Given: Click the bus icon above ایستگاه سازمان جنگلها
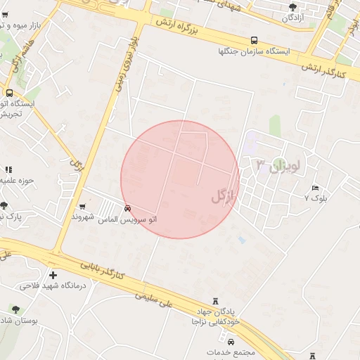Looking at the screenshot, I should click(254, 41).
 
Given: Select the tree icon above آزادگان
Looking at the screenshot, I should click(292, 7).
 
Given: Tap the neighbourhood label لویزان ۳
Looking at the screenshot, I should click(278, 167).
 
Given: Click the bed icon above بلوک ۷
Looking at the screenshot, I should click(316, 188).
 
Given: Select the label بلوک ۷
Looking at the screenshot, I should click(316, 199).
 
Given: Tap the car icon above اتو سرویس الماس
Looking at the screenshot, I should click(127, 208).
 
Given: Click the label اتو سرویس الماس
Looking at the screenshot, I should click(127, 219).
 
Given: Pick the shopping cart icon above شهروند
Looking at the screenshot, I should click(84, 206).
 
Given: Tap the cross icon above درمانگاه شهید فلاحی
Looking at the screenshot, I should click(53, 275).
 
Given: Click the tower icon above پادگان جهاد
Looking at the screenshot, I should click(215, 299).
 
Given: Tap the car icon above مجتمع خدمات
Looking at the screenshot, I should click(231, 341).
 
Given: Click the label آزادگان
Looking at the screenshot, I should click(292, 18).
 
